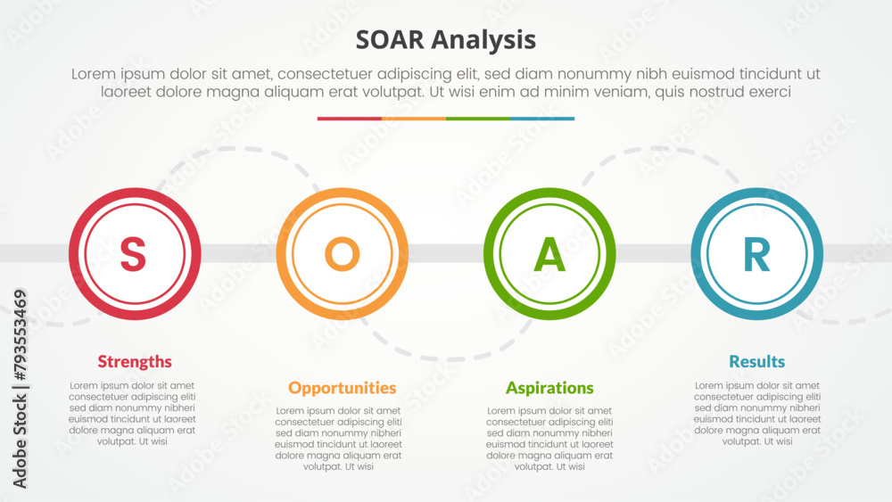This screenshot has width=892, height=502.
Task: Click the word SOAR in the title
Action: click(x=390, y=40)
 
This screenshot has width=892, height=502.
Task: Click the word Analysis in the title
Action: click(x=483, y=41)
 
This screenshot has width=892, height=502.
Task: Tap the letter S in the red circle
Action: click(x=133, y=253)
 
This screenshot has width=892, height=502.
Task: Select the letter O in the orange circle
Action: click(x=342, y=253)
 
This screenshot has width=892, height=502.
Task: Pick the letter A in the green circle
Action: click(x=549, y=253)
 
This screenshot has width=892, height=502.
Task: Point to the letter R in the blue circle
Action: click(x=757, y=253)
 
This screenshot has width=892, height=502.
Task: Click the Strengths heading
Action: click(x=135, y=362)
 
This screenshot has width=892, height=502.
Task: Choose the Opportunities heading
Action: click(x=342, y=388)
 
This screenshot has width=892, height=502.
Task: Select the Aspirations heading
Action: click(x=549, y=388)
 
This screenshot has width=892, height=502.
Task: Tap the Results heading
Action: click(x=756, y=362)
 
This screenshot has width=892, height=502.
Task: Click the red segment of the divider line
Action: click(x=350, y=119)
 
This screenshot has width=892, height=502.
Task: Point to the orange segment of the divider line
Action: click(x=414, y=119)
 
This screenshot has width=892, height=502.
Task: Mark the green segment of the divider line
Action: click(x=478, y=119)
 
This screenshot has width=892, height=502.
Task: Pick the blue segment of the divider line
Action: click(x=542, y=119)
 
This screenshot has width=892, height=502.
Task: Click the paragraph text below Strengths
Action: click(x=132, y=414)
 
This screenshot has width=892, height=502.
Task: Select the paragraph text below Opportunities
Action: click(x=338, y=439)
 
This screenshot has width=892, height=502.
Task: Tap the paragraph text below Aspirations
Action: click(x=549, y=439)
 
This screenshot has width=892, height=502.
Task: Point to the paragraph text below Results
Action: click(x=757, y=414)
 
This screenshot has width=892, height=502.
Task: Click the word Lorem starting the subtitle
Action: click(x=93, y=74)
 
